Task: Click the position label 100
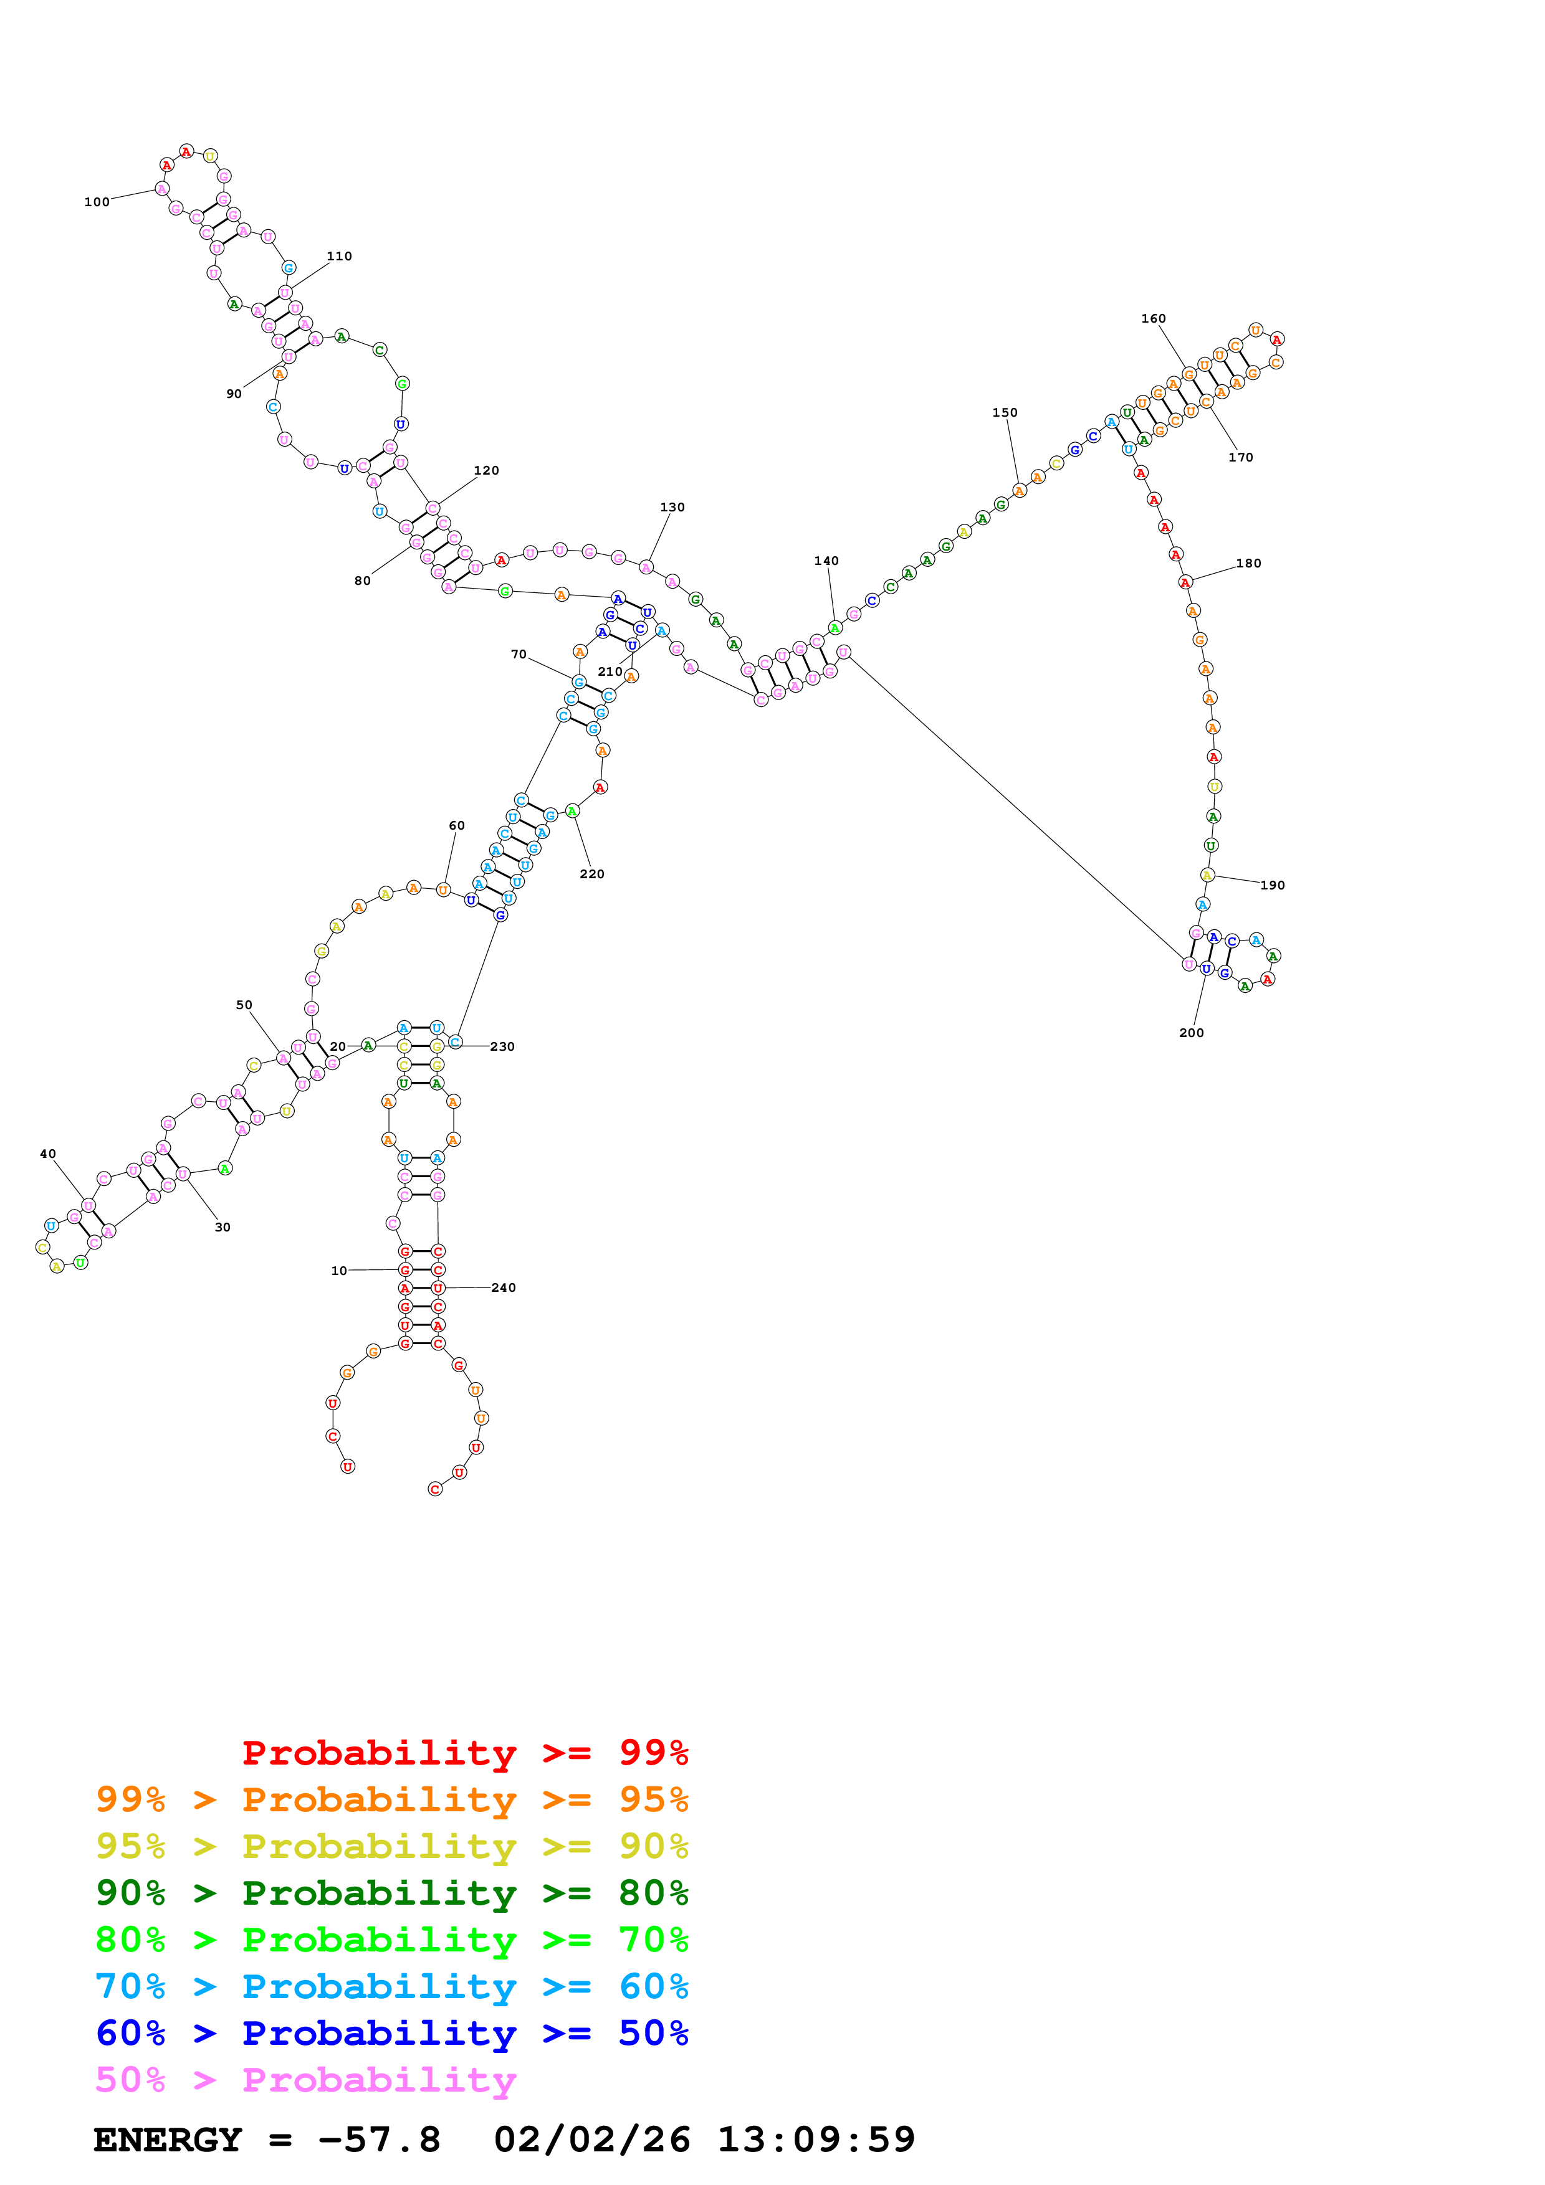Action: pyautogui.click(x=96, y=202)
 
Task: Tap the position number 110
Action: pyautogui.click(x=339, y=256)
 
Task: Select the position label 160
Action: pyautogui.click(x=1153, y=319)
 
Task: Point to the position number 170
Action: pyautogui.click(x=1240, y=458)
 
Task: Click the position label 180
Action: pyautogui.click(x=1248, y=564)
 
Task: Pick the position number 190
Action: pyautogui.click(x=1272, y=885)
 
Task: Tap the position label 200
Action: pyautogui.click(x=1191, y=1033)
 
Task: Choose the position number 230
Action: pyautogui.click(x=502, y=1047)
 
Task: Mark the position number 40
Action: pyautogui.click(x=47, y=1154)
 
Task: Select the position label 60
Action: pyautogui.click(x=457, y=825)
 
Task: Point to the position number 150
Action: pyautogui.click(x=1004, y=412)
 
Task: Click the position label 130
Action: pyautogui.click(x=672, y=507)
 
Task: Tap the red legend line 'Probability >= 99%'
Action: pyautogui.click(x=464, y=1752)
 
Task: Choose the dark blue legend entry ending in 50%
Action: pyautogui.click(x=391, y=2033)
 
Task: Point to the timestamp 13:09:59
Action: pyautogui.click(x=816, y=2140)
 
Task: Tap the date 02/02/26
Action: pyautogui.click(x=591, y=2140)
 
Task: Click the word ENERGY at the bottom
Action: pyautogui.click(x=168, y=2140)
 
